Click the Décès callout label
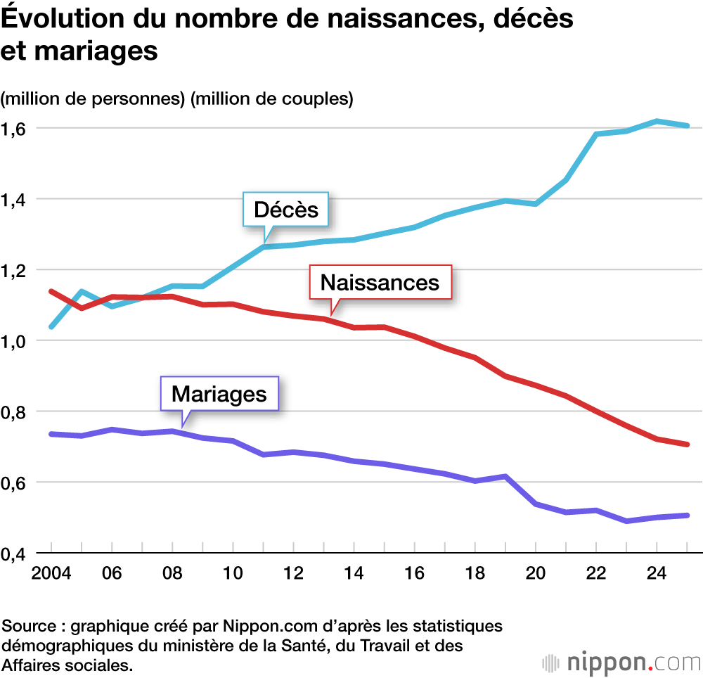(x=285, y=210)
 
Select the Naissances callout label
(x=380, y=283)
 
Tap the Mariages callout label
(x=219, y=395)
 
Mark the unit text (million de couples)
(x=271, y=99)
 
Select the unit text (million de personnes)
(x=94, y=99)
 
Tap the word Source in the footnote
(x=27, y=625)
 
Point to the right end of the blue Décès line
(x=686, y=126)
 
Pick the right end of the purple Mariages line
(x=686, y=516)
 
